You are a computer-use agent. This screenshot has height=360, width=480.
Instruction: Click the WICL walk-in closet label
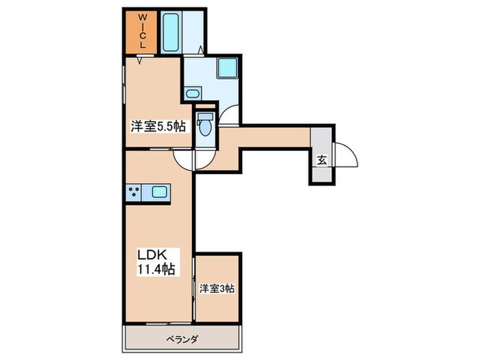(142, 31)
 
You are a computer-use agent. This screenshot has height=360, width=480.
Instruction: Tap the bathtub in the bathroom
(171, 30)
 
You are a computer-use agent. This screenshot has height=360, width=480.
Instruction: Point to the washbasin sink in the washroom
(193, 94)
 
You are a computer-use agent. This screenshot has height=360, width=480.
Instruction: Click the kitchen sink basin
(159, 193)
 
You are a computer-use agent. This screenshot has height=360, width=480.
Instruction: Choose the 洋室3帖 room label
(217, 289)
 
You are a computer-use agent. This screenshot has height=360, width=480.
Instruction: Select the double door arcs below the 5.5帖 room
(195, 160)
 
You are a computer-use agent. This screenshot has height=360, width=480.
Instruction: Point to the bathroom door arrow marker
(200, 49)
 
